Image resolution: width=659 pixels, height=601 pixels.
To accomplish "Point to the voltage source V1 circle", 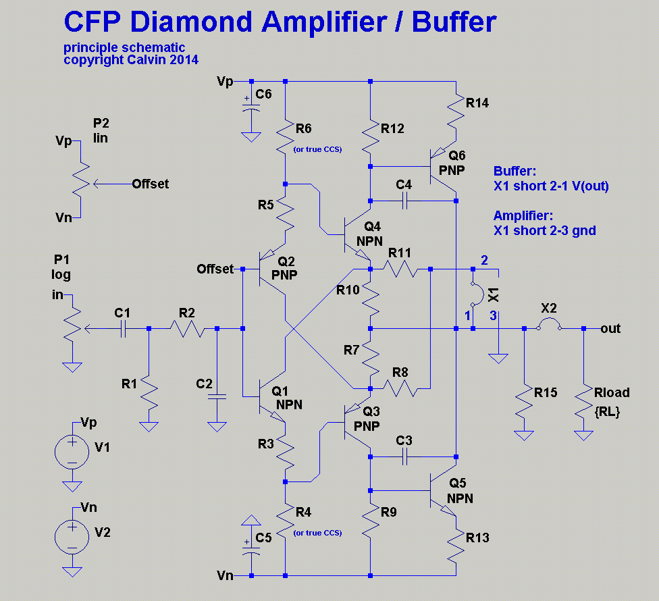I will [71, 450].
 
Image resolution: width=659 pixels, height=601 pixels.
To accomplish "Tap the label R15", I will [546, 392].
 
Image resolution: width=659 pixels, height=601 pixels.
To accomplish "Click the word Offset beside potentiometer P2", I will [151, 183].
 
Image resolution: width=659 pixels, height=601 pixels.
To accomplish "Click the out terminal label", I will [610, 328].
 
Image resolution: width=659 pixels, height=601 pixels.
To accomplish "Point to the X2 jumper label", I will [549, 308].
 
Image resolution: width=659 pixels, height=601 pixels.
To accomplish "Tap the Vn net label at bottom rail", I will [225, 575].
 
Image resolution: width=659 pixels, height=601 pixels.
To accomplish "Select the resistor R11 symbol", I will [400, 269].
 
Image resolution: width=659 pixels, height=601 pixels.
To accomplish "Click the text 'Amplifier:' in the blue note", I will [523, 215].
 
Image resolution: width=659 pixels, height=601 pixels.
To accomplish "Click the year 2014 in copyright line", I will [184, 59].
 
